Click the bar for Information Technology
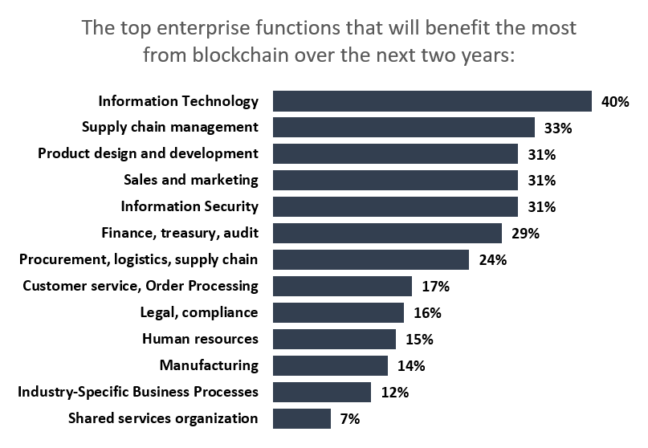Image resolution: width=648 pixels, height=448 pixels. point(432,101)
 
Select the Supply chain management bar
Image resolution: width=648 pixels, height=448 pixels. point(404,128)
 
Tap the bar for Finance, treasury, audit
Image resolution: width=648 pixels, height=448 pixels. point(387,234)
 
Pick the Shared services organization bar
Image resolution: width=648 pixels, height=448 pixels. point(302,418)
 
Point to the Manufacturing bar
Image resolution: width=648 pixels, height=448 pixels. point(330,365)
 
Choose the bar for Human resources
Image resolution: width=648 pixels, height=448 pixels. point(334,339)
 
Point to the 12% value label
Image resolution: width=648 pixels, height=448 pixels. point(395,393)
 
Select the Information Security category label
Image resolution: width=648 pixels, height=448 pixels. point(190,206)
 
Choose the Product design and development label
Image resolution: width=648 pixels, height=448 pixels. point(149,153)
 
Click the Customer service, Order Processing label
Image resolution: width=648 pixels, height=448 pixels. point(141,286)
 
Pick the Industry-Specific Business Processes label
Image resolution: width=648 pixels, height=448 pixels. point(138,392)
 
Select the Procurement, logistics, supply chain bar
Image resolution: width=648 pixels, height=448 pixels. point(370,260)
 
